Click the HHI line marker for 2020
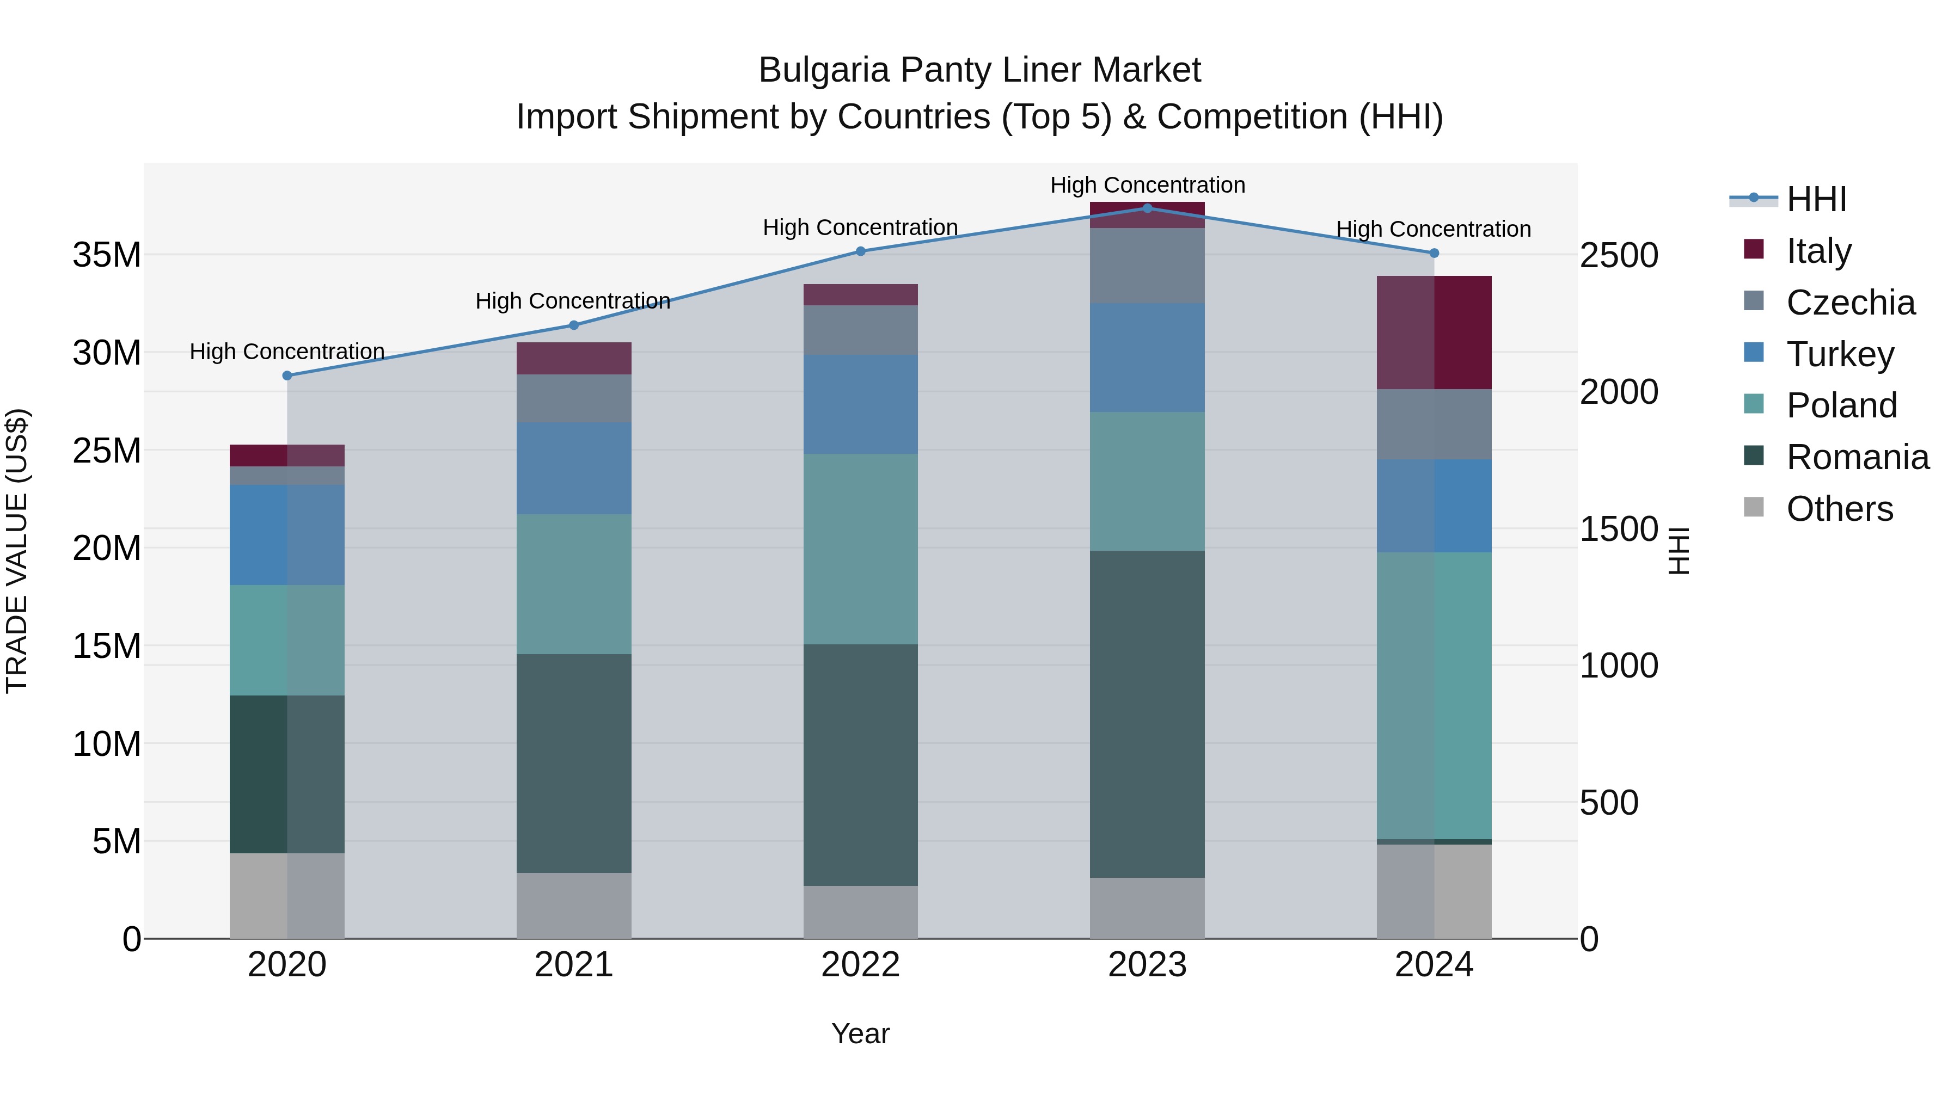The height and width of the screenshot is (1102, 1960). (x=287, y=375)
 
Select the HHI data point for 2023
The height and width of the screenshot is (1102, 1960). (x=1147, y=208)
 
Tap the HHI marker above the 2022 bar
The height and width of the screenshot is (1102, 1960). (x=861, y=251)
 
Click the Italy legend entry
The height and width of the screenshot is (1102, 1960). (x=1818, y=250)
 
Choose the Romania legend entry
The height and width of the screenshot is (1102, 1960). (x=1857, y=457)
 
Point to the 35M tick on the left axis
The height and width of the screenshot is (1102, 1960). (x=107, y=255)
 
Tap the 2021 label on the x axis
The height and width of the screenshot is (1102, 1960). (x=574, y=965)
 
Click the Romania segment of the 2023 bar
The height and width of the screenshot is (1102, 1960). (x=1147, y=715)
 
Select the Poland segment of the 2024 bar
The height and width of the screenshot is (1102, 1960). (x=1434, y=696)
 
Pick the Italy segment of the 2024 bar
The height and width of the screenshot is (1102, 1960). (x=1434, y=333)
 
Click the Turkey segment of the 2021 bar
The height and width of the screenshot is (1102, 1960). (x=574, y=469)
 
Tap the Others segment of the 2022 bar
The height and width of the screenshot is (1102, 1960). (x=861, y=912)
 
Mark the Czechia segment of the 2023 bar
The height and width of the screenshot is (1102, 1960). (x=1147, y=266)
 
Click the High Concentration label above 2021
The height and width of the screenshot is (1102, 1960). (x=572, y=301)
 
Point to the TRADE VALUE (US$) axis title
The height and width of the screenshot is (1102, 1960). (x=17, y=551)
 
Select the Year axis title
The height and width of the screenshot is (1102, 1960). (x=861, y=1033)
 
